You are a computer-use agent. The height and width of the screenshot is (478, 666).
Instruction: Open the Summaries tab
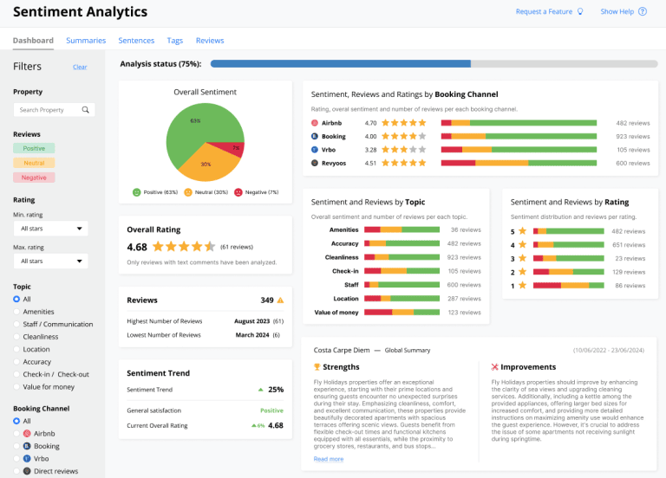coord(86,41)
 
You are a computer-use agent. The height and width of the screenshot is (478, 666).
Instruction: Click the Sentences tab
coord(136,41)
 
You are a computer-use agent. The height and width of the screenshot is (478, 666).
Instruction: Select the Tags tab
coord(175,41)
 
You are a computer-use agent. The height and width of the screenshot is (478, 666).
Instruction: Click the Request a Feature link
coord(544,12)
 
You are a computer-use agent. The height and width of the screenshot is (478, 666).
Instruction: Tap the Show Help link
coord(617,12)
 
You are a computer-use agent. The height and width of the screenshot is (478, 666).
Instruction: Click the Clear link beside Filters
coord(80,67)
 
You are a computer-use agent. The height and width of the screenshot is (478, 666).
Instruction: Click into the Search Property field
coord(49,110)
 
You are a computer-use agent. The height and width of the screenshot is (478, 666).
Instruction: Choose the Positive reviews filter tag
coord(34,148)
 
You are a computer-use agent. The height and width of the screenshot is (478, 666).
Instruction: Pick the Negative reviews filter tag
coord(34,178)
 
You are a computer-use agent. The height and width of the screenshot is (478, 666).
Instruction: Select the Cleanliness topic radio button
coord(16,337)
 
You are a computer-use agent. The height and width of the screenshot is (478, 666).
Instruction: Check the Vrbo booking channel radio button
coord(16,458)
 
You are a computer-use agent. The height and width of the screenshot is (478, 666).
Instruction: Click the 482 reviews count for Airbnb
coord(632,123)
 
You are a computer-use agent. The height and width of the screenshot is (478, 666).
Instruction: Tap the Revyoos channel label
coord(335,163)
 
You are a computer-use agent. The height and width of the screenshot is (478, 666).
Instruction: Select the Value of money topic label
coord(336,312)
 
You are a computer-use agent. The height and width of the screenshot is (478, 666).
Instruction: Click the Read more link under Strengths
coord(328,459)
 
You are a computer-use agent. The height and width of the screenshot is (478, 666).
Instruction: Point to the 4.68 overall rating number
coord(137,247)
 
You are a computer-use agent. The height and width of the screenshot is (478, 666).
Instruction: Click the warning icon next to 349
coord(280,300)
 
